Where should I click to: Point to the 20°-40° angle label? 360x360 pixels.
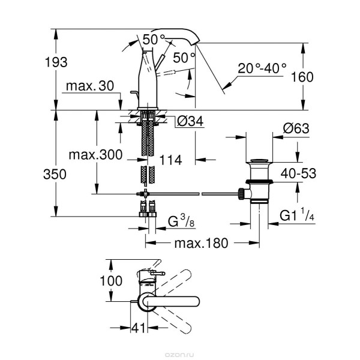[262, 69]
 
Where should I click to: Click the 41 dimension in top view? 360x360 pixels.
[139, 329]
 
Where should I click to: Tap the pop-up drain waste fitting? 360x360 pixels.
[259, 182]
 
